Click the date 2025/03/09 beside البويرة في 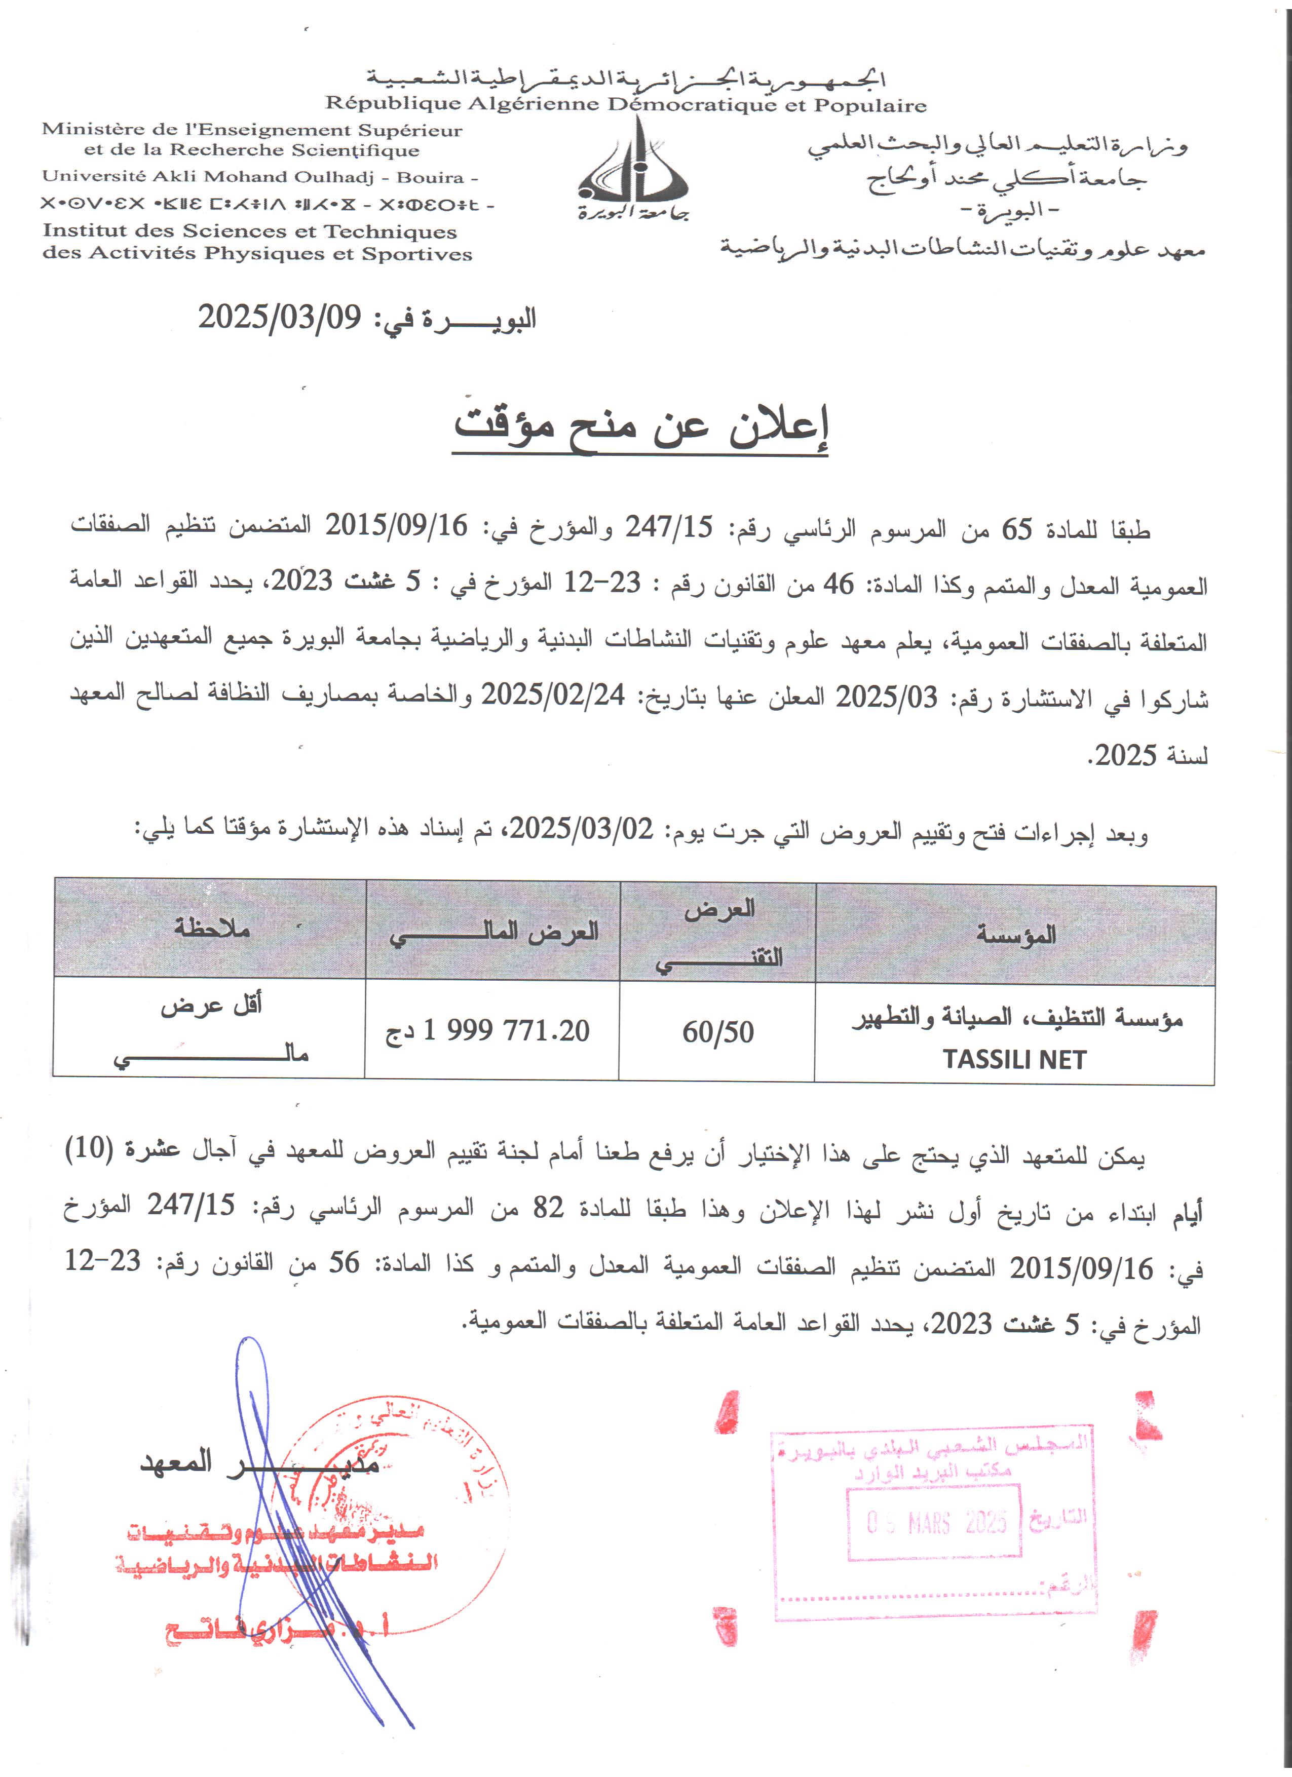click(x=279, y=317)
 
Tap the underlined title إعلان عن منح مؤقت click(x=640, y=427)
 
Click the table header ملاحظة click(x=212, y=928)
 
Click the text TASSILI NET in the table click(x=1015, y=1059)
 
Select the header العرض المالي click(x=493, y=932)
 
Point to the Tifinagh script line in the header click(x=267, y=205)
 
